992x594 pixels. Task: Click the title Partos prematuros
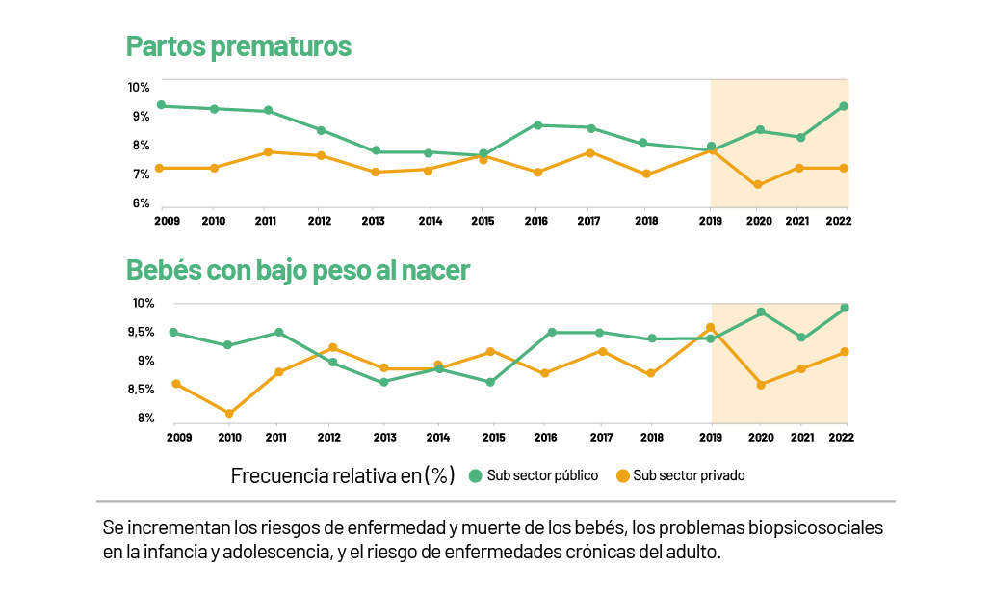pyautogui.click(x=238, y=46)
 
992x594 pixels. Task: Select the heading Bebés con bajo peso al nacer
pyautogui.click(x=298, y=270)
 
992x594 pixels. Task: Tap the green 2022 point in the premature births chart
pyautogui.click(x=844, y=106)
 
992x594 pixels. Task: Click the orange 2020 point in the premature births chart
pyautogui.click(x=758, y=185)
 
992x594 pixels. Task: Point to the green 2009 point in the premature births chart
pyautogui.click(x=162, y=105)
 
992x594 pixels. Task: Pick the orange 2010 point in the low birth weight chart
pyautogui.click(x=228, y=414)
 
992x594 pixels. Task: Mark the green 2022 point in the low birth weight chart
pyautogui.click(x=845, y=308)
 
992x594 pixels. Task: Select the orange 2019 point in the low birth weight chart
pyautogui.click(x=711, y=328)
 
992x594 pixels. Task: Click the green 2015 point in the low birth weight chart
pyautogui.click(x=490, y=382)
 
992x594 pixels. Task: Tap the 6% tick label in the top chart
pyautogui.click(x=140, y=203)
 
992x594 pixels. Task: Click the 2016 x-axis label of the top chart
pyautogui.click(x=535, y=221)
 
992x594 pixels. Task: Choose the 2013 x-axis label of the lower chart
pyautogui.click(x=384, y=437)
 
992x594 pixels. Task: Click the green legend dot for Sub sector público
pyautogui.click(x=475, y=475)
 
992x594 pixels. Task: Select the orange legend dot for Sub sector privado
pyautogui.click(x=623, y=475)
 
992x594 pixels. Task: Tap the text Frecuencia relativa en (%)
pyautogui.click(x=343, y=475)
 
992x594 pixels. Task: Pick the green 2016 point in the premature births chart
pyautogui.click(x=537, y=125)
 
